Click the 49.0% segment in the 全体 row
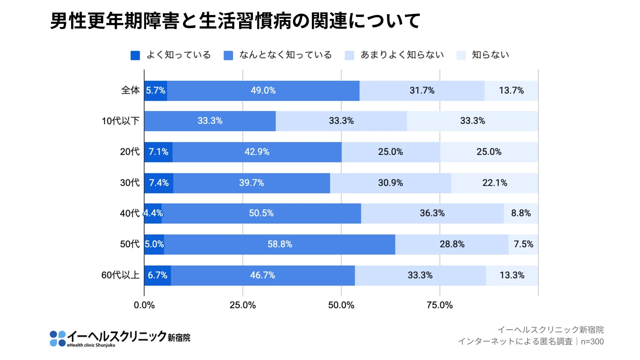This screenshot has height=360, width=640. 263,91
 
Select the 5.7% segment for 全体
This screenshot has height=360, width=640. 156,91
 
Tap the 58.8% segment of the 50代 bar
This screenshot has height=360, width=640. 280,244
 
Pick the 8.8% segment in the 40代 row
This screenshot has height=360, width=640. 521,213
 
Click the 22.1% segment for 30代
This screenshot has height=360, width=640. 495,183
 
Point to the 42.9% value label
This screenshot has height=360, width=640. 257,152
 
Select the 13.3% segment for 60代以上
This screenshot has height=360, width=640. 512,275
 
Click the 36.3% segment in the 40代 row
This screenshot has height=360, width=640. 432,213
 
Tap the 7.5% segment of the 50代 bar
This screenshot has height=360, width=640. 523,244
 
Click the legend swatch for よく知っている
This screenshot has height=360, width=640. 135,55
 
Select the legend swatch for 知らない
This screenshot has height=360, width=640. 461,55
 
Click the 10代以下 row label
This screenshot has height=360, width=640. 120,121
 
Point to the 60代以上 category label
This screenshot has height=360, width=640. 120,275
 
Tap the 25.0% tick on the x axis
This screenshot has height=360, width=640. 243,305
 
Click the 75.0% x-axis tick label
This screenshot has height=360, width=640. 439,305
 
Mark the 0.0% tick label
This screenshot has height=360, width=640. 144,305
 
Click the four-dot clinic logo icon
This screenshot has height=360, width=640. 57,339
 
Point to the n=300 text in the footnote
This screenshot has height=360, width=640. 592,342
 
